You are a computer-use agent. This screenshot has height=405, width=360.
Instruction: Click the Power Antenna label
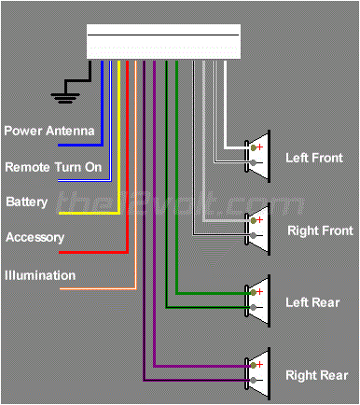click(49, 131)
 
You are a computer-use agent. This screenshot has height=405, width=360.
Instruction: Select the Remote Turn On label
click(52, 167)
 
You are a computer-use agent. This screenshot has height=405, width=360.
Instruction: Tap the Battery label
click(27, 202)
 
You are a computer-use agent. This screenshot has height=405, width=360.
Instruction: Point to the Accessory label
click(35, 238)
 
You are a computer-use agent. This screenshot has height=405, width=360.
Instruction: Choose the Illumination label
click(40, 275)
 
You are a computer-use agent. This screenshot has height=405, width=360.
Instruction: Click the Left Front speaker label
click(313, 159)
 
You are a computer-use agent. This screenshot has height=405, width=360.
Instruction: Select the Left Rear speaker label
click(312, 302)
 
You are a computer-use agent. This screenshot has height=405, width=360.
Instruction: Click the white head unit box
click(163, 43)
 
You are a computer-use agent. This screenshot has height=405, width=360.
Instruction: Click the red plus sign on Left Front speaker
click(261, 147)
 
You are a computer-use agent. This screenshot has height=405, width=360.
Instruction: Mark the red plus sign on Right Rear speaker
click(261, 364)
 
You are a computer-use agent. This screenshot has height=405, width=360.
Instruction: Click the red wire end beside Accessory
click(63, 252)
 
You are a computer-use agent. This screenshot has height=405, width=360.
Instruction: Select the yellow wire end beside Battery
click(63, 214)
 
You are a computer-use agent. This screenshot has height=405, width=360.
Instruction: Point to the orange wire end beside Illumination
click(63, 288)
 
